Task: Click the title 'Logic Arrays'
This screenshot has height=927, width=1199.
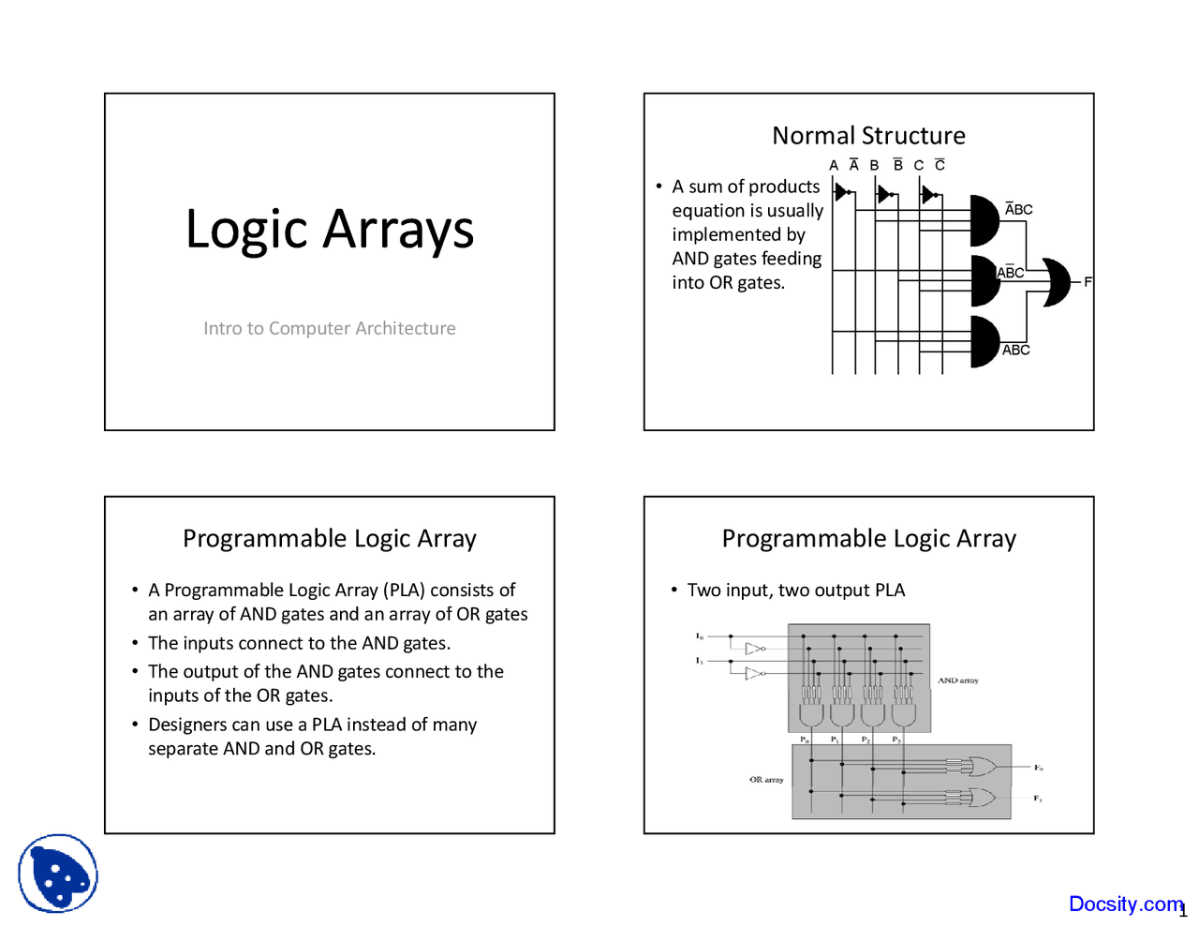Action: click(x=330, y=230)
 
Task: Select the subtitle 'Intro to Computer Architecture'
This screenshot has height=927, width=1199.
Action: click(x=330, y=328)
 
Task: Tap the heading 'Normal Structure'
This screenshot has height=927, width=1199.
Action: click(x=868, y=136)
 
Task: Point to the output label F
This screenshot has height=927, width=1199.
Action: click(x=1088, y=282)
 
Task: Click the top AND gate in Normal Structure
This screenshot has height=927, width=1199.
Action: click(x=984, y=220)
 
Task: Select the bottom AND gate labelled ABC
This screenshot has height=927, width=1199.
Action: click(x=984, y=341)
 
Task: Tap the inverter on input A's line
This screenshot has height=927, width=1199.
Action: click(x=841, y=193)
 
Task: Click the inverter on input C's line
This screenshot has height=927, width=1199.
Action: click(x=928, y=194)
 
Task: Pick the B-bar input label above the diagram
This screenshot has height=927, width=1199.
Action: click(x=897, y=165)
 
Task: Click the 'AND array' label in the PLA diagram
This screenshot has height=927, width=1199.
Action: click(x=958, y=680)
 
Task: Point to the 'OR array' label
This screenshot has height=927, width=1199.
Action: click(x=766, y=780)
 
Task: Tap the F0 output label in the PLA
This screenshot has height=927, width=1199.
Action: click(x=1038, y=768)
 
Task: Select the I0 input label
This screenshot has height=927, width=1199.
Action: click(x=699, y=636)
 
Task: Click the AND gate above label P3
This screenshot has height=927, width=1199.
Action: click(x=903, y=713)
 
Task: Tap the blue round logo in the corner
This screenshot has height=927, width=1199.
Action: click(x=58, y=874)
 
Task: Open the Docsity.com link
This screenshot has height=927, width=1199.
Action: click(x=1126, y=904)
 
